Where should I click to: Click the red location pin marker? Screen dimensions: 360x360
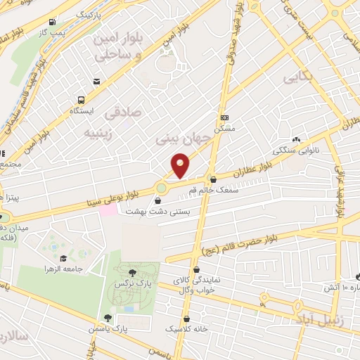point(181,165)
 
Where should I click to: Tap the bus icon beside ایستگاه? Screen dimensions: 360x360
point(82,100)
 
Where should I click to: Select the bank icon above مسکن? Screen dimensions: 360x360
point(224,117)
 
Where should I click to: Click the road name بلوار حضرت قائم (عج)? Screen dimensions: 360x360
point(239,246)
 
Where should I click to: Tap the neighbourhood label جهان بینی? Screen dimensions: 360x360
point(181,141)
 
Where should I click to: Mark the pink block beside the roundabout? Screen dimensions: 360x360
point(108,210)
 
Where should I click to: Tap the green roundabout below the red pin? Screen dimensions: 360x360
point(161,188)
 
